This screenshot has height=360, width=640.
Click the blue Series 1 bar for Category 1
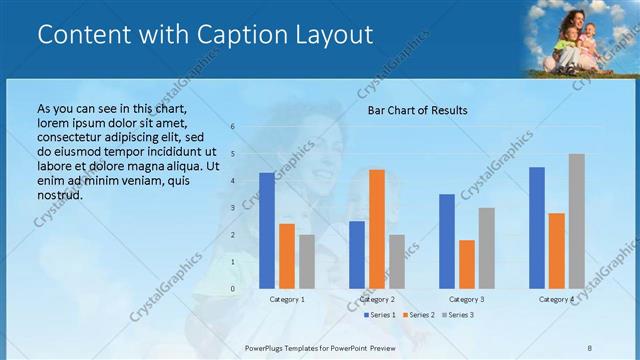267,231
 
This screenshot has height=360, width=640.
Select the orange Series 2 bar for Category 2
377,229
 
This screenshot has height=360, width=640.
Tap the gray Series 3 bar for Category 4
577,221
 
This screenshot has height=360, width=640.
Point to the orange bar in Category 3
467,264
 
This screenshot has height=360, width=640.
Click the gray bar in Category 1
307,262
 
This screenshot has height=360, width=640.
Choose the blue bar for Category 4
537,228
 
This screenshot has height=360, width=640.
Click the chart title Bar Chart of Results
418,110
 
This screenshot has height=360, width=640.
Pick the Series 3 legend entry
457,315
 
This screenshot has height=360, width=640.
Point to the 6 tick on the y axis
232,127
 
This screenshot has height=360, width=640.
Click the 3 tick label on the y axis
232,208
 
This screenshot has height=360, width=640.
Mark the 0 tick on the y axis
232,289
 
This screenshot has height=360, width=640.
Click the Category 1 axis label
287,299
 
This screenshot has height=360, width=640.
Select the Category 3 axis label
467,299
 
